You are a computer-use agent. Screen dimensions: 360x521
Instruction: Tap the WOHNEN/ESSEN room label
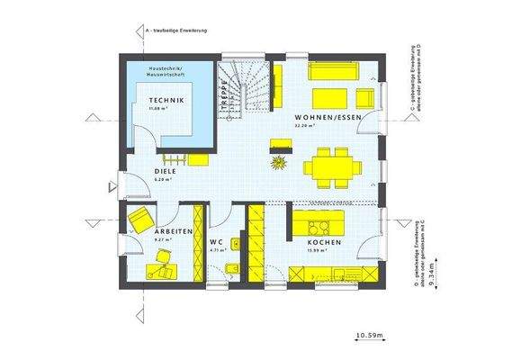(325, 118)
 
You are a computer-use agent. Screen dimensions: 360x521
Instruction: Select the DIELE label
(165, 170)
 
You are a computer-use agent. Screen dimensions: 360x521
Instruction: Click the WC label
(216, 242)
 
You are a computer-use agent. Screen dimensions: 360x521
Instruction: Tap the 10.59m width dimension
(369, 336)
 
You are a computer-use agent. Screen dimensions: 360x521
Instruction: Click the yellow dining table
(325, 166)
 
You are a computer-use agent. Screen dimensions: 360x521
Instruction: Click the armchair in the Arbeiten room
(139, 219)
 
